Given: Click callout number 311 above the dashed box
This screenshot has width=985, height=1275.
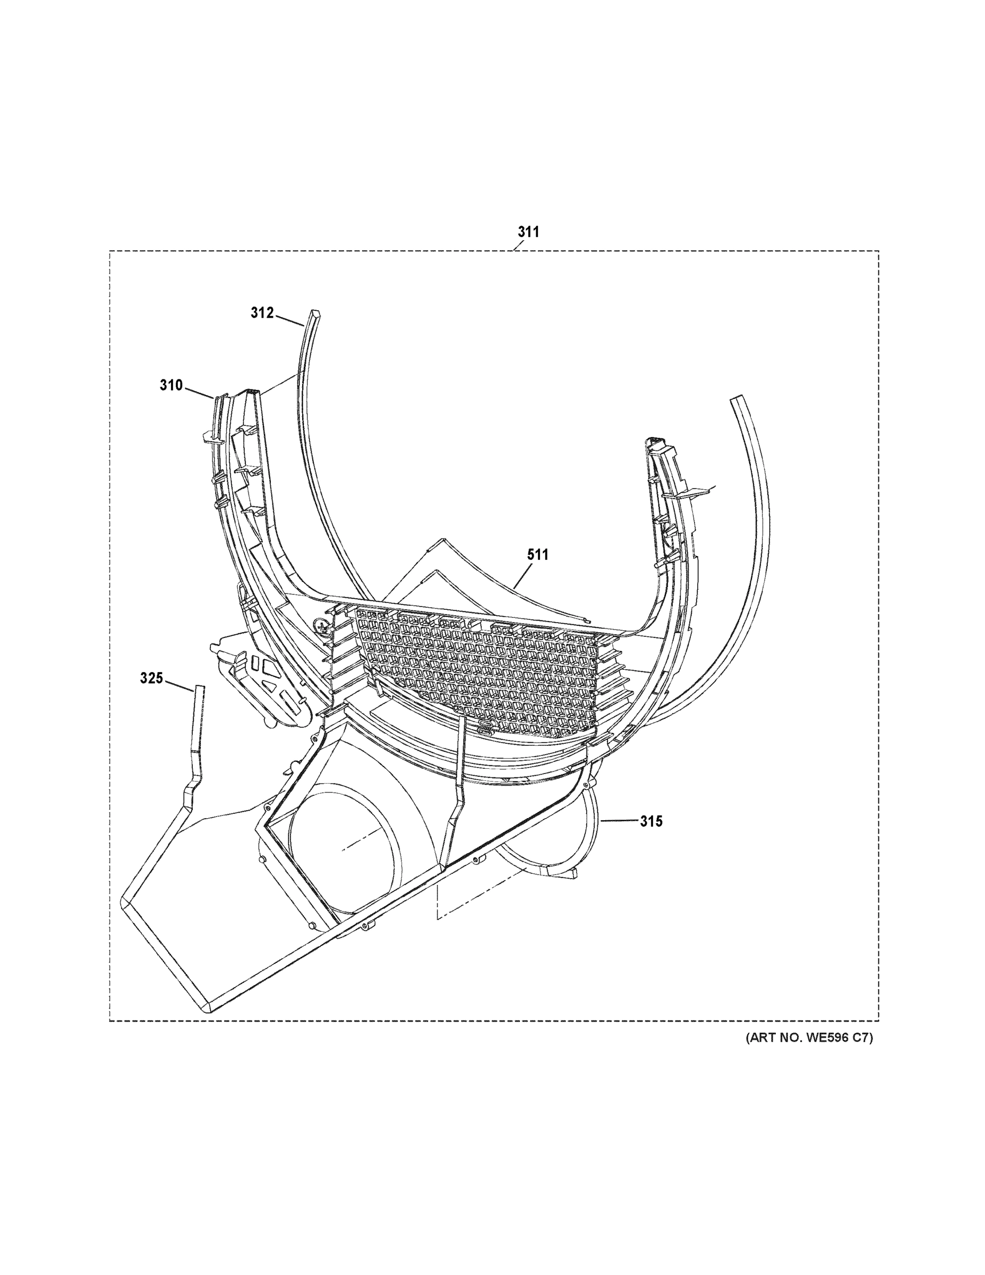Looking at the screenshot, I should pyautogui.click(x=528, y=232).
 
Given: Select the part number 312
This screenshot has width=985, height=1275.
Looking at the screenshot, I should pyautogui.click(x=262, y=313).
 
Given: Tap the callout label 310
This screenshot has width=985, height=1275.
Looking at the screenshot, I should pyautogui.click(x=171, y=385).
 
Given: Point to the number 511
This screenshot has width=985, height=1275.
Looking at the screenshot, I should pyautogui.click(x=537, y=555).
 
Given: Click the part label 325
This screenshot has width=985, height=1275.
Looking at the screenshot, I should pyautogui.click(x=151, y=678).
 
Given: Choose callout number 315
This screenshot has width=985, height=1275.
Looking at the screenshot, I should pyautogui.click(x=651, y=821).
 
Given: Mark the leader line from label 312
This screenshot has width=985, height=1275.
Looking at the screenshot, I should pyautogui.click(x=289, y=319).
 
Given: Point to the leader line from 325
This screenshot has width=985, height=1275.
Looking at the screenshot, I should pyautogui.click(x=178, y=685).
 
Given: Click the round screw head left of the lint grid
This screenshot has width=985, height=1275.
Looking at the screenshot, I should pyautogui.click(x=319, y=625).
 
